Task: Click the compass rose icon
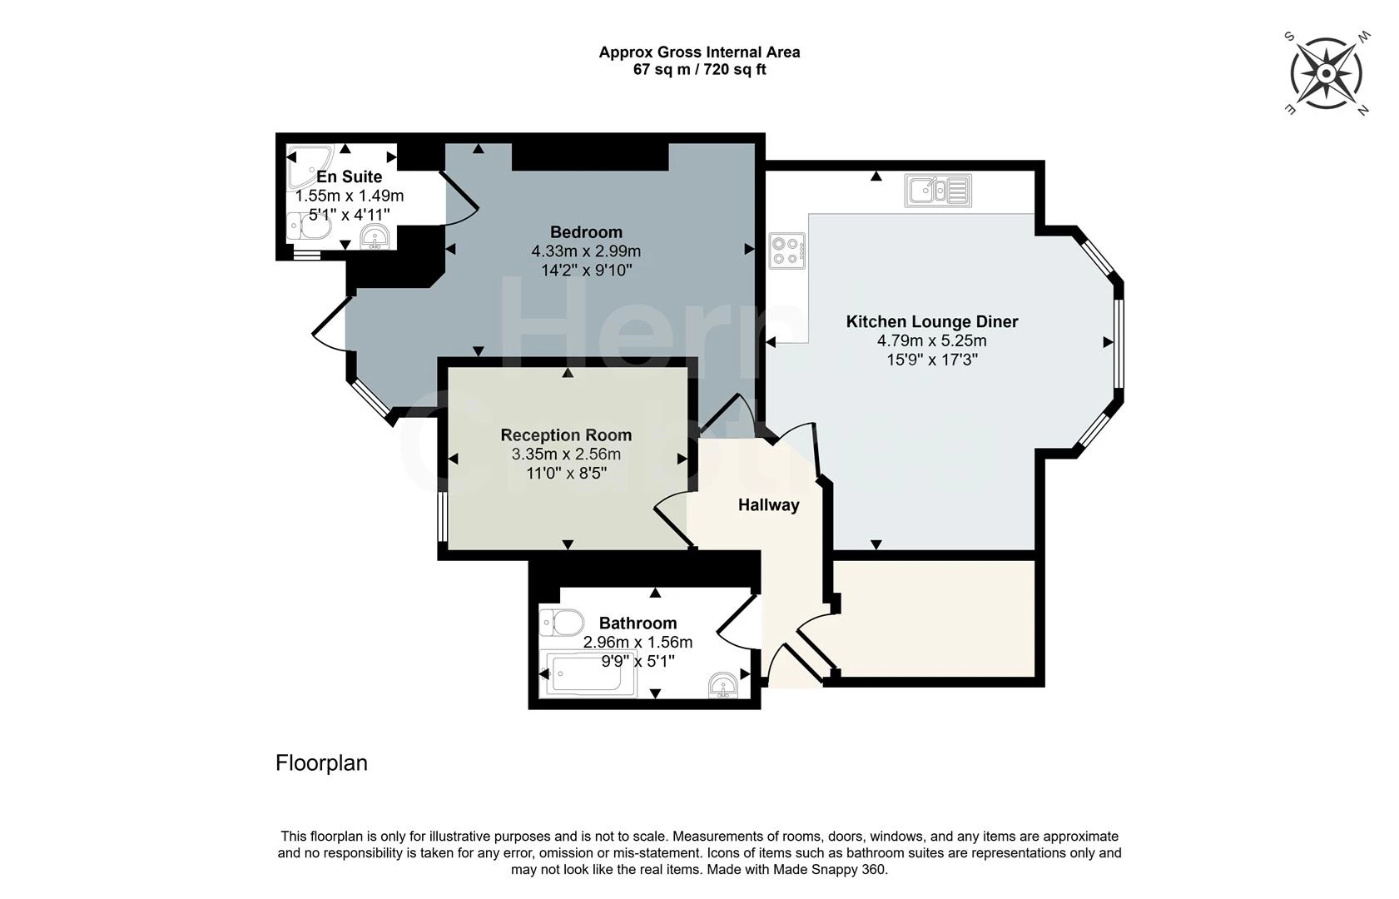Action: click(x=1326, y=73)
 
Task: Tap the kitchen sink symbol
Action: click(x=938, y=191)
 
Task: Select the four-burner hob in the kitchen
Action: click(x=787, y=251)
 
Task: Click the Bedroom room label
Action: click(x=586, y=231)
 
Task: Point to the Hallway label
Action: click(x=769, y=504)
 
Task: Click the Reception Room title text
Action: click(x=567, y=435)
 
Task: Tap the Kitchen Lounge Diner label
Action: click(x=932, y=322)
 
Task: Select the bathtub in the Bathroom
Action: click(x=588, y=673)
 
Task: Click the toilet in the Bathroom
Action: click(x=562, y=623)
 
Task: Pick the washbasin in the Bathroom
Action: click(x=723, y=685)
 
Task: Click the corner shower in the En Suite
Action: click(x=310, y=166)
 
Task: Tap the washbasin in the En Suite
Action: click(x=375, y=238)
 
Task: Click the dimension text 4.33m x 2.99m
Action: click(x=586, y=251)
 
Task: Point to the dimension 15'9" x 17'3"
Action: click(x=932, y=360)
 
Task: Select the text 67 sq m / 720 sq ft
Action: click(x=699, y=69)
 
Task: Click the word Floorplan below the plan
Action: click(x=321, y=762)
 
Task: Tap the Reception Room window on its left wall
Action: click(x=443, y=517)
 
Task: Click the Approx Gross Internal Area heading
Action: click(x=699, y=52)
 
